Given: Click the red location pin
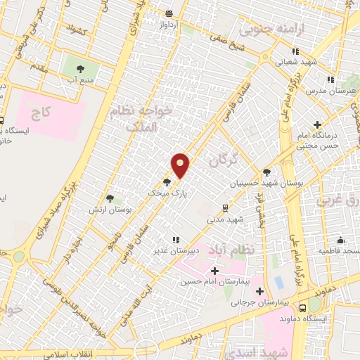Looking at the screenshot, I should click(181, 165).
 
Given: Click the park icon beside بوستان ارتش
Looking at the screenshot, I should click(109, 199).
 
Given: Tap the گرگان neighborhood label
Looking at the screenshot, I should click(227, 160).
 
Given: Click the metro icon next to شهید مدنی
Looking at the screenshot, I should click(224, 207).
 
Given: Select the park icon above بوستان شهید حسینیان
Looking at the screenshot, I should click(266, 172).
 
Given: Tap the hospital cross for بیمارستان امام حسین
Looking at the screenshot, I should click(214, 271).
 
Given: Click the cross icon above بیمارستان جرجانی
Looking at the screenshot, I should click(259, 291).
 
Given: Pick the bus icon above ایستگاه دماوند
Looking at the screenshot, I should click(302, 307).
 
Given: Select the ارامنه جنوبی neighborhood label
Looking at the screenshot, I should click(265, 30).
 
